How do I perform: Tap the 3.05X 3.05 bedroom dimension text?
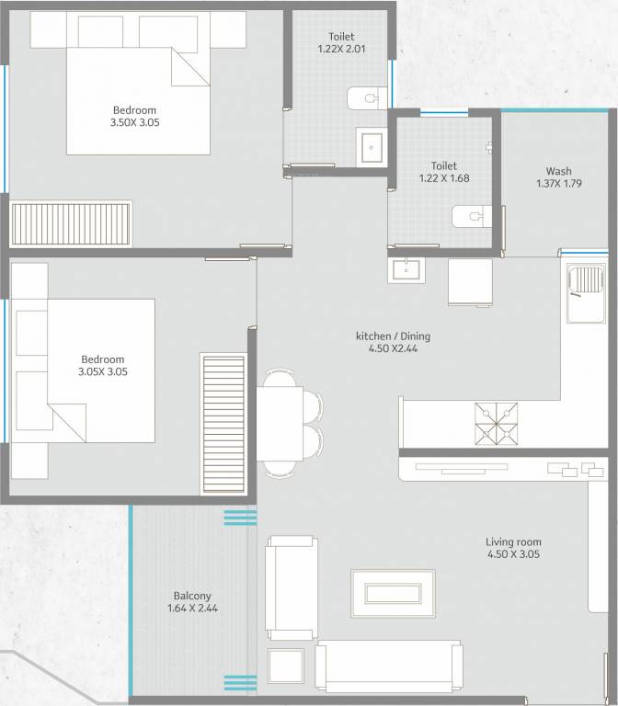click(x=102, y=372)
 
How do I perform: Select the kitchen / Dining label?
click(x=393, y=336)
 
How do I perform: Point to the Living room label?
click(x=513, y=542)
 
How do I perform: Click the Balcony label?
click(x=193, y=596)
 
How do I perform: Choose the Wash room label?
click(x=558, y=171)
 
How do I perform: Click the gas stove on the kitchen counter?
click(x=496, y=425)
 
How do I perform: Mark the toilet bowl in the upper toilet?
click(x=366, y=97)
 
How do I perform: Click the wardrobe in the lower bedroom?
click(x=224, y=425)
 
